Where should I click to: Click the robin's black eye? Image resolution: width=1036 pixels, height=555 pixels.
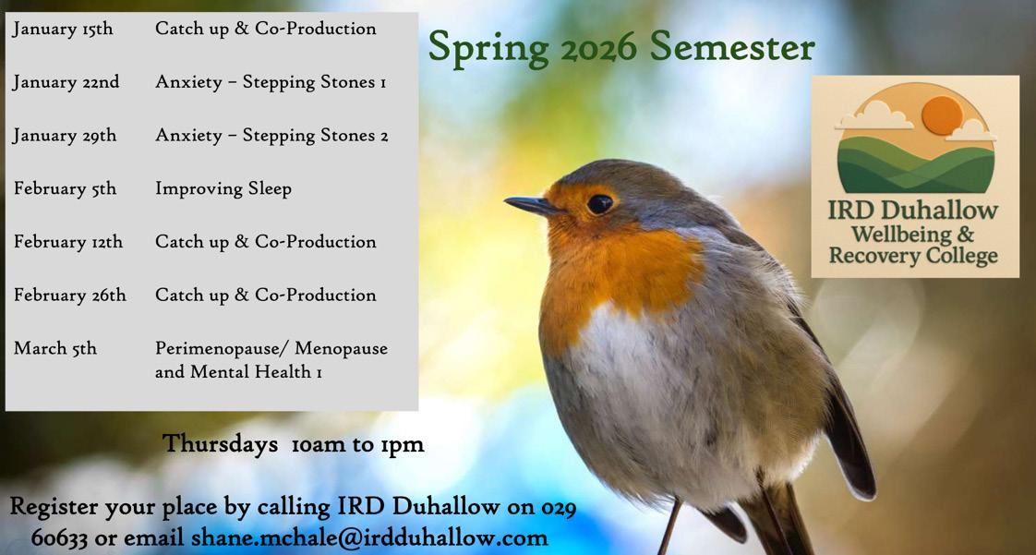pyautogui.click(x=600, y=204)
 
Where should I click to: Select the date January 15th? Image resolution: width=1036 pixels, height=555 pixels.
pyautogui.click(x=63, y=30)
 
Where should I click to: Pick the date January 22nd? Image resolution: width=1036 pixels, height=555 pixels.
pyautogui.click(x=66, y=82)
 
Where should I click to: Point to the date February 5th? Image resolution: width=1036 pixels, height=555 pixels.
pyautogui.click(x=65, y=189)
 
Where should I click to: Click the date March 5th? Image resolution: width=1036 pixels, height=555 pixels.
pyautogui.click(x=54, y=348)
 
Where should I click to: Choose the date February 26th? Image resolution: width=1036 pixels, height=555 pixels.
pyautogui.click(x=69, y=296)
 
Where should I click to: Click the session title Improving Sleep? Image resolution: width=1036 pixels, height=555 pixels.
pyautogui.click(x=223, y=189)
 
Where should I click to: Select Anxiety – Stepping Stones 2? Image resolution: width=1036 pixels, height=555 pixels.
pyautogui.click(x=271, y=136)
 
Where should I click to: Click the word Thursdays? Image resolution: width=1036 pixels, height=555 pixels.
pyautogui.click(x=220, y=444)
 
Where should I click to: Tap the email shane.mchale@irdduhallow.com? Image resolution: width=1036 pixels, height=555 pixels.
pyautogui.click(x=369, y=537)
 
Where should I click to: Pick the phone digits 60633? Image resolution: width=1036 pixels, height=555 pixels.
pyautogui.click(x=59, y=537)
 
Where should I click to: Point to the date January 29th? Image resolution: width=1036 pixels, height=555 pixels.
pyautogui.click(x=65, y=136)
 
